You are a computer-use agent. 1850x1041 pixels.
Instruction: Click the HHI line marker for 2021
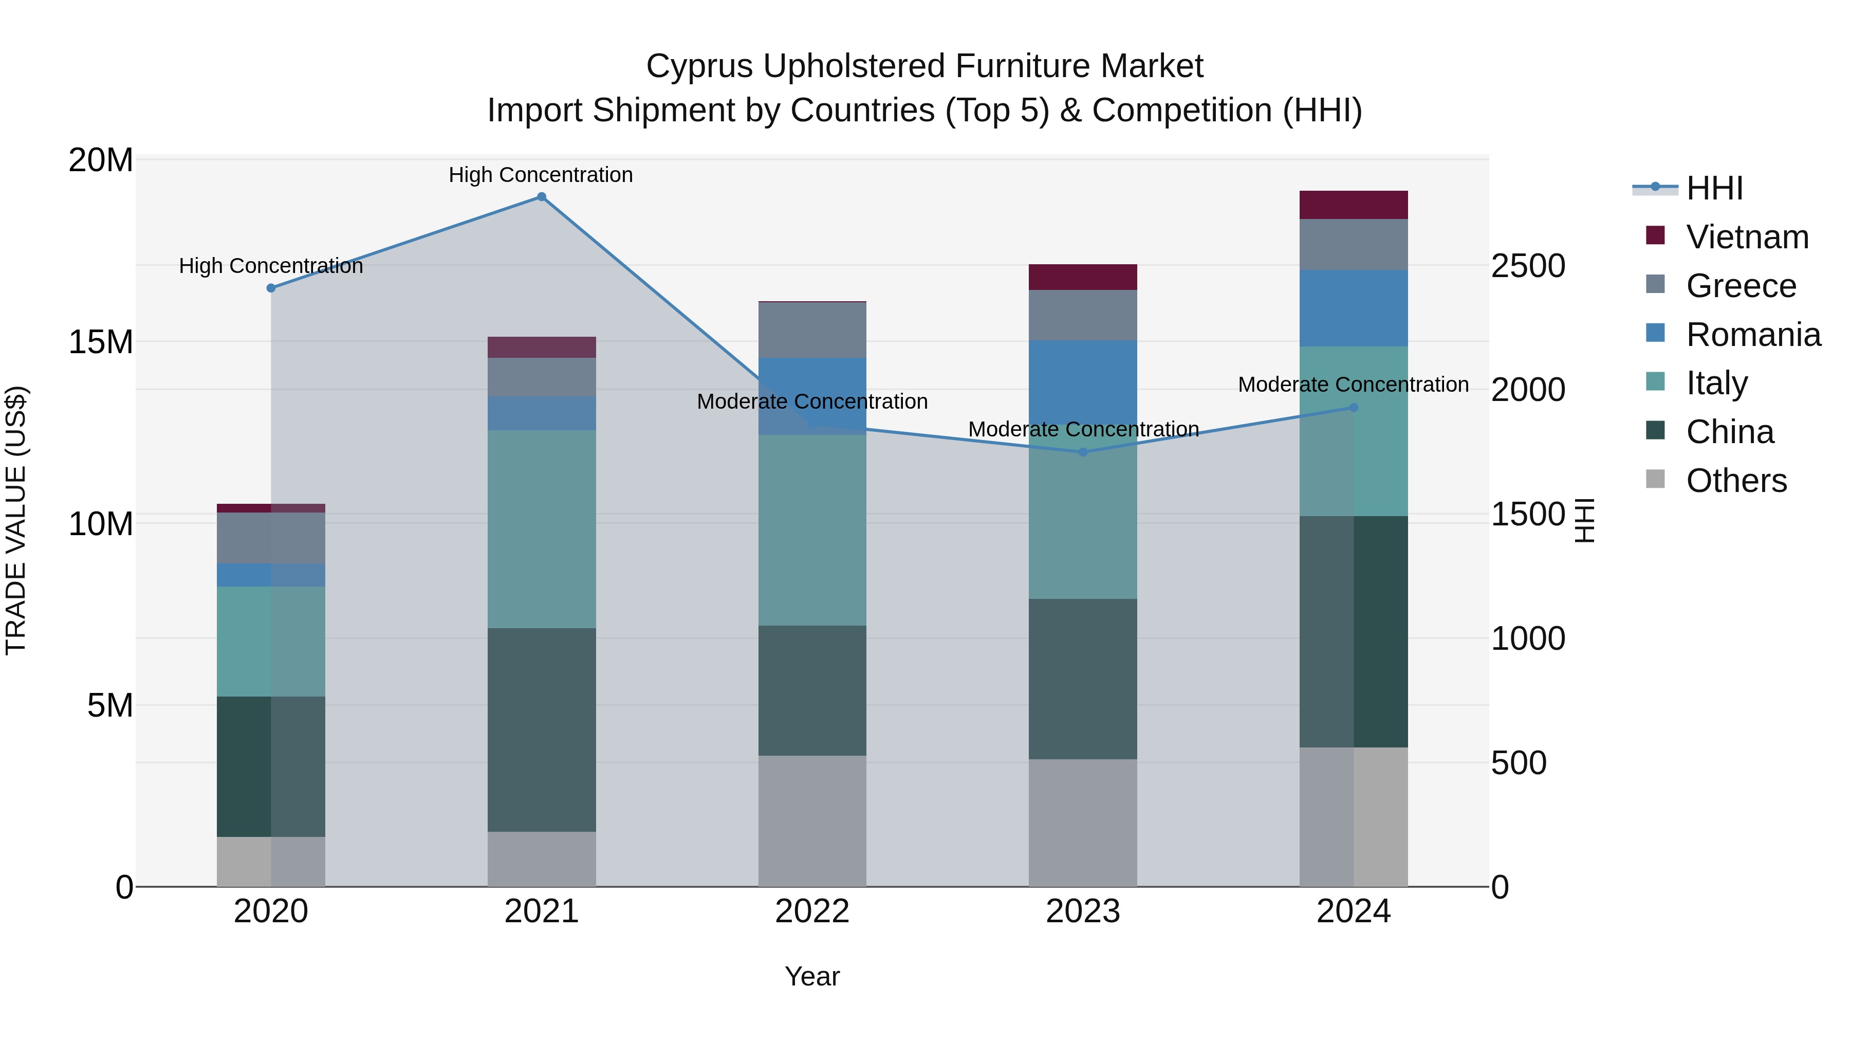pyautogui.click(x=542, y=197)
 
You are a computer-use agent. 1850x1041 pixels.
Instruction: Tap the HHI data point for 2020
pyautogui.click(x=271, y=288)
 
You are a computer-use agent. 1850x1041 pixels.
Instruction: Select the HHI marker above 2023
pyautogui.click(x=1083, y=452)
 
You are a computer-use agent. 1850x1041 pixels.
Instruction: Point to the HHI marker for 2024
pyautogui.click(x=1354, y=407)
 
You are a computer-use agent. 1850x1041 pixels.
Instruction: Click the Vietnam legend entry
pyautogui.click(x=1747, y=237)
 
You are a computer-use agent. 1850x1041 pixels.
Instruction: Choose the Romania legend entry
pyautogui.click(x=1752, y=335)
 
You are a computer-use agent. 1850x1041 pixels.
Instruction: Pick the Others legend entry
pyautogui.click(x=1736, y=481)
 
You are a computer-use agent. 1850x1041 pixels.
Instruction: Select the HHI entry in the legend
pyautogui.click(x=1713, y=188)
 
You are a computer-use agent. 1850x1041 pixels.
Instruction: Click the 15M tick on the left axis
pyautogui.click(x=101, y=342)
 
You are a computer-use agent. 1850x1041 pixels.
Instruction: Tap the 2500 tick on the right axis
pyautogui.click(x=1528, y=266)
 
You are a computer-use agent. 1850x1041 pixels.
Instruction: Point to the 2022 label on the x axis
pyautogui.click(x=812, y=911)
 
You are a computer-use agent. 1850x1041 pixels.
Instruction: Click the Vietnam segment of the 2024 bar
pyautogui.click(x=1354, y=205)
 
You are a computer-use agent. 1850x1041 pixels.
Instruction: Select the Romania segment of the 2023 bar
pyautogui.click(x=1083, y=381)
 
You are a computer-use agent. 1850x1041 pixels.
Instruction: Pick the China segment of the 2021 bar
pyautogui.click(x=542, y=729)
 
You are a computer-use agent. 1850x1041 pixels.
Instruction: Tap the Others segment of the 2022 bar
pyautogui.click(x=812, y=820)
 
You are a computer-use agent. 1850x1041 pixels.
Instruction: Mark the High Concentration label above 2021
pyautogui.click(x=541, y=175)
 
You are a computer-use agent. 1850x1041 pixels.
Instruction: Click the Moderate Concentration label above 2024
pyautogui.click(x=1353, y=385)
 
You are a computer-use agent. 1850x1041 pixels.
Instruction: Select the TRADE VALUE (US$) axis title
pyautogui.click(x=16, y=520)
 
